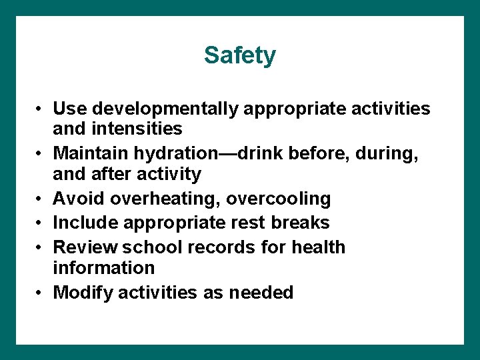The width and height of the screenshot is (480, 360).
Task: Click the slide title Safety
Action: [239, 55]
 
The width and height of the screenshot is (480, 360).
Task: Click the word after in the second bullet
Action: [107, 174]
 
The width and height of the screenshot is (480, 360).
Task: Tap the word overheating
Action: [167, 199]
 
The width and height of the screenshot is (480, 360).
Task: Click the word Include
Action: [84, 223]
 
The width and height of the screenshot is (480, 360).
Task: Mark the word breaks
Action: [298, 223]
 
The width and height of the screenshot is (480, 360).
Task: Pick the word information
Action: [104, 268]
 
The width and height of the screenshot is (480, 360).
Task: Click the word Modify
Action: [81, 292]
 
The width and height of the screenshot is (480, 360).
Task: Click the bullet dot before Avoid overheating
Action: [41, 199]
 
